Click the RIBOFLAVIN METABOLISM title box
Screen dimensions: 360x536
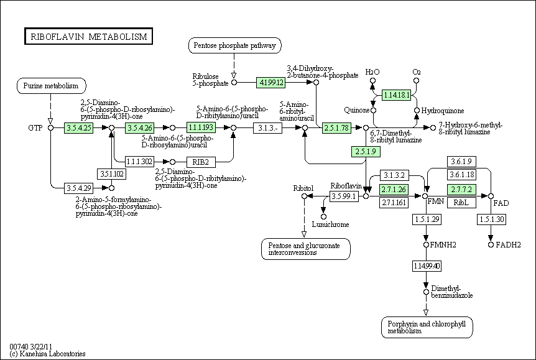pyautogui.click(x=88, y=37)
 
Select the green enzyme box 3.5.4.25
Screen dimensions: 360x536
pyautogui.click(x=78, y=127)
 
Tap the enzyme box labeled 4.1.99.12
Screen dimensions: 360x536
pyautogui.click(x=270, y=81)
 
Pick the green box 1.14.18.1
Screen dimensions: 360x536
pyautogui.click(x=397, y=95)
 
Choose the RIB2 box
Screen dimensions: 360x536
pyautogui.click(x=200, y=162)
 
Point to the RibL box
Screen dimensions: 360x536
pyautogui.click(x=461, y=203)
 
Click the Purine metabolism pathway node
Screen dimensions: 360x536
pyautogui.click(x=50, y=85)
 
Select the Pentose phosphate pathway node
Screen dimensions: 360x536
pyautogui.click(x=234, y=45)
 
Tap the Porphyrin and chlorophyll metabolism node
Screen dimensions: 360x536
pyautogui.click(x=427, y=327)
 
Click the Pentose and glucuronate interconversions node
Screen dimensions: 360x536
pyautogui.click(x=305, y=249)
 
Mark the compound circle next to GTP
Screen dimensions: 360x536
pyautogui.click(x=50, y=127)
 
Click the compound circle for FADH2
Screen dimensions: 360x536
pyautogui.click(x=491, y=245)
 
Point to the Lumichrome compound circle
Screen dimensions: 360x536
pyautogui.click(x=323, y=216)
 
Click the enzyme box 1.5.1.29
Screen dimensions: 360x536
pyautogui.click(x=426, y=219)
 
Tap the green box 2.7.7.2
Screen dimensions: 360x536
pyautogui.click(x=461, y=189)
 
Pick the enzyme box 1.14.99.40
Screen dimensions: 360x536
pyautogui.click(x=426, y=266)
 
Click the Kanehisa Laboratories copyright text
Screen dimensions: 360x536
pyautogui.click(x=47, y=354)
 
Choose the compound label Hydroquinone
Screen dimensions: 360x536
pyautogui.click(x=443, y=111)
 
